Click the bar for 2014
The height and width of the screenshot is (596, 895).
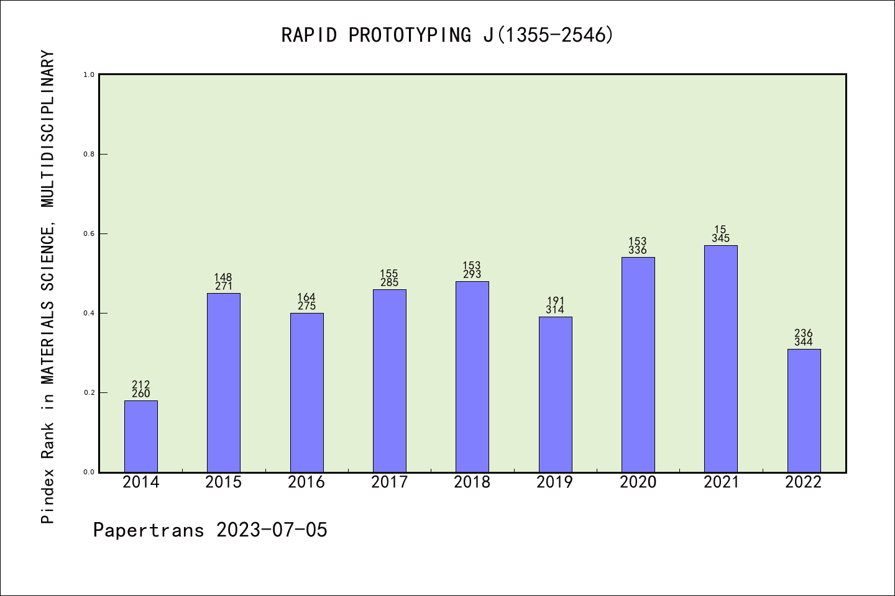point(141,436)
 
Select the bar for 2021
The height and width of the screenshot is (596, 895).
point(721,359)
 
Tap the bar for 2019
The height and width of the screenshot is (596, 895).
point(555,394)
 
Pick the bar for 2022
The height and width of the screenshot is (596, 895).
point(804,410)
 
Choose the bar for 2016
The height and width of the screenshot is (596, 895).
point(306,392)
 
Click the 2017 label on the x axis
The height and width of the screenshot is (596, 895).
point(389,482)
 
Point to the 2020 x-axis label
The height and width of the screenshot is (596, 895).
point(638,482)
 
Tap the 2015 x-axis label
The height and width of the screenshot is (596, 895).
point(224,482)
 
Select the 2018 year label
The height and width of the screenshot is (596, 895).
point(472,482)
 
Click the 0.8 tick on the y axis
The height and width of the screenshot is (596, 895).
point(89,154)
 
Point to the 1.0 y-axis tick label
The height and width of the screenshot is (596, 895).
point(89,74)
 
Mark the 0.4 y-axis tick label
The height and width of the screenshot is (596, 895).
point(89,313)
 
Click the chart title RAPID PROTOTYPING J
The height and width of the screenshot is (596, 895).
point(447,35)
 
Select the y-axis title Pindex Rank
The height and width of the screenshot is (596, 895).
point(48,287)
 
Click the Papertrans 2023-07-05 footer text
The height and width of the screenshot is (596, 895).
point(210,530)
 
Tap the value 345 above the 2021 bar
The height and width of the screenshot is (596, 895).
point(721,238)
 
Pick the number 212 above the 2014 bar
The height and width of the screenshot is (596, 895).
point(141,384)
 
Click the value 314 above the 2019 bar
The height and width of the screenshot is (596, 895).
point(555,310)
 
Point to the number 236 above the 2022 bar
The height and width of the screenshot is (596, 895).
point(804,333)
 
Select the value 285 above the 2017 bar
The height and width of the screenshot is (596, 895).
point(389,282)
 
